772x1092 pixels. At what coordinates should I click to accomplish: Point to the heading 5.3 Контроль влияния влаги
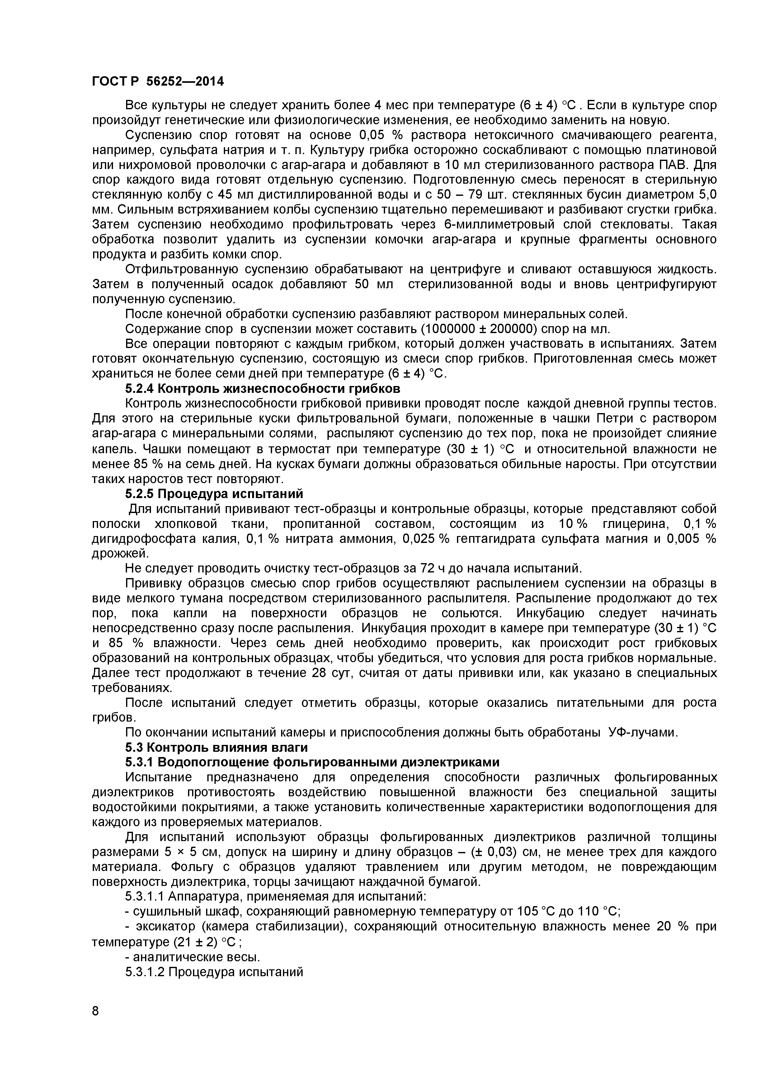click(x=216, y=747)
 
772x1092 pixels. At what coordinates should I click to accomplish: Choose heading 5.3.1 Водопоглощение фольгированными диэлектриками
click(x=312, y=762)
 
